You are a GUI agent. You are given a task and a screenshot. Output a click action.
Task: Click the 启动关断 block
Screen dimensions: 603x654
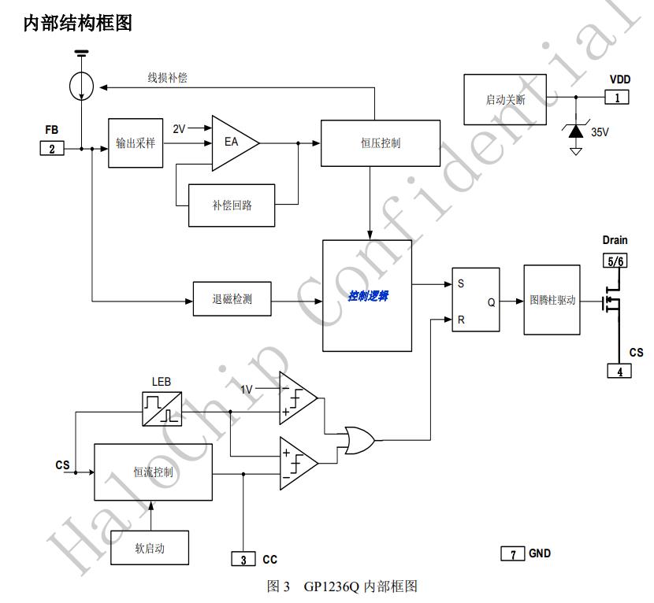click(x=505, y=99)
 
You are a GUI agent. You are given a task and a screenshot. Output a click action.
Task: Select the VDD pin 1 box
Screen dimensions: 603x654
click(x=617, y=97)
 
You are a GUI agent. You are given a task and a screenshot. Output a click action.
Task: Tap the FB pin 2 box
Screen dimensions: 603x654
click(x=51, y=147)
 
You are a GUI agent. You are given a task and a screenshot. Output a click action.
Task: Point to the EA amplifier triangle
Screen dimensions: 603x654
click(x=233, y=143)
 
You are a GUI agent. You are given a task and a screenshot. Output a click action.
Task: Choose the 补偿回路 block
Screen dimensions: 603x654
click(x=232, y=205)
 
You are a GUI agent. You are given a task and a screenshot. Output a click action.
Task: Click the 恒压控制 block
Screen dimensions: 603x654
click(x=380, y=142)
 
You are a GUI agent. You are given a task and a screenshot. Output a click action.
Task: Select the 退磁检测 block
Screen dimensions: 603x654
click(x=232, y=300)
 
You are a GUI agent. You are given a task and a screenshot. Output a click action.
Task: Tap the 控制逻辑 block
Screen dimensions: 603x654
click(x=367, y=296)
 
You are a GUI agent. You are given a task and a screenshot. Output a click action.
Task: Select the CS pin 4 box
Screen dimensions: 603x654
click(x=619, y=371)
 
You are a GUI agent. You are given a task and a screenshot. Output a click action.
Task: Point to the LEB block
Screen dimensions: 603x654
click(x=162, y=408)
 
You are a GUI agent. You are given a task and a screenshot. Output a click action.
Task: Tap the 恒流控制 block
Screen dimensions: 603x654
click(x=153, y=472)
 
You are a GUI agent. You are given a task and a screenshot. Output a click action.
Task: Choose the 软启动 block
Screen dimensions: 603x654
click(x=150, y=546)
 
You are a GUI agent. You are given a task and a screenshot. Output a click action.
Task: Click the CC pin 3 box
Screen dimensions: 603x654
click(x=243, y=559)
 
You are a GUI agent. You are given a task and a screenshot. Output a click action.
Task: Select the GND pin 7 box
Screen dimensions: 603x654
click(x=512, y=554)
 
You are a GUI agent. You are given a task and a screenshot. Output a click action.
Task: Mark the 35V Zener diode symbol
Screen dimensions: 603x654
click(x=576, y=131)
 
